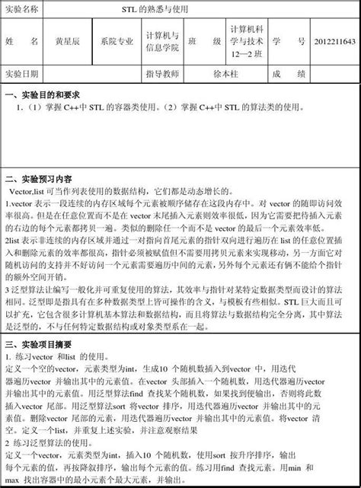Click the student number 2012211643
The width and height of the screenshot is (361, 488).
coord(334,42)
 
